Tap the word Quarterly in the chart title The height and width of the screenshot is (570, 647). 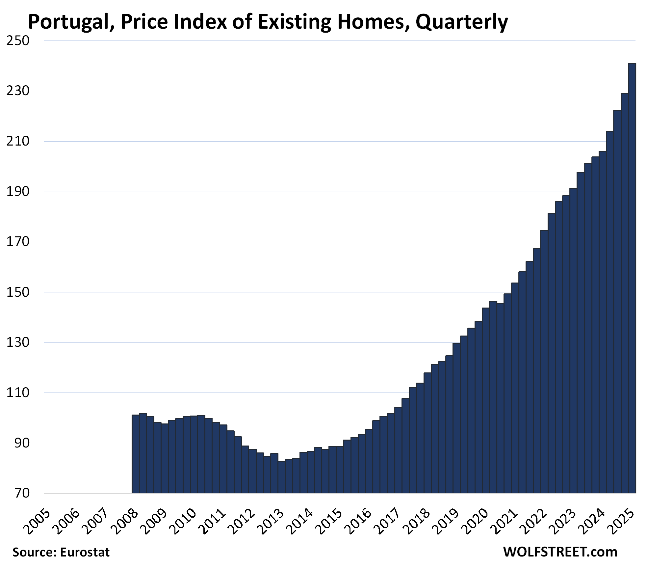click(461, 22)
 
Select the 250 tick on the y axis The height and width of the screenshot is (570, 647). click(18, 41)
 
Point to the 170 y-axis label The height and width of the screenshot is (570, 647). click(18, 242)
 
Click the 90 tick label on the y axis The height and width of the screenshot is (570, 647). click(22, 443)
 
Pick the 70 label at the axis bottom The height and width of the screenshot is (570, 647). click(22, 493)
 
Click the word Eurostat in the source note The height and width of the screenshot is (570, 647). click(85, 552)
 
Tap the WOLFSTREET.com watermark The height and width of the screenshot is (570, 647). click(560, 552)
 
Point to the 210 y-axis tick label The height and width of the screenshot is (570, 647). click(18, 141)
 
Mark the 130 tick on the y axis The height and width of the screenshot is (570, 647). click(18, 342)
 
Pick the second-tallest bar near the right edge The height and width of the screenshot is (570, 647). click(624, 293)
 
